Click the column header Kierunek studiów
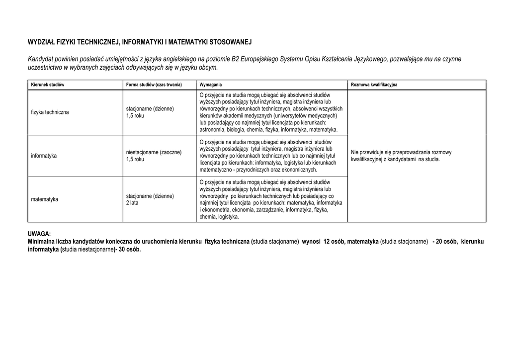point(48,85)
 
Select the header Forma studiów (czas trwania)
point(154,85)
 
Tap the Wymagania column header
point(211,85)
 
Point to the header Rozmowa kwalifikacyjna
point(374,85)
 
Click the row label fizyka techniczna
point(50,112)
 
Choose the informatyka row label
point(44,156)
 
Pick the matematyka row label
point(44,199)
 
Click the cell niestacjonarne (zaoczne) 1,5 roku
point(154,156)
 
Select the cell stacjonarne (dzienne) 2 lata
point(150,199)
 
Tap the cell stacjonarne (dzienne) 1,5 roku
point(150,112)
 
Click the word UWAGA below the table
point(39,234)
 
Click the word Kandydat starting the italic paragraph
point(40,59)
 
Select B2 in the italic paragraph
point(235,59)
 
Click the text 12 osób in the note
point(334,242)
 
